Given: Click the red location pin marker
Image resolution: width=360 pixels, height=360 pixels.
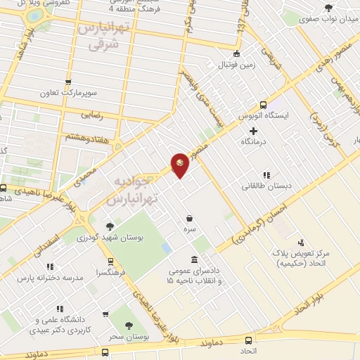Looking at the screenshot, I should (x=180, y=165).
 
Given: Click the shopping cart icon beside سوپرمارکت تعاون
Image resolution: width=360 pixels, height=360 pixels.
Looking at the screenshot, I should (x=69, y=82).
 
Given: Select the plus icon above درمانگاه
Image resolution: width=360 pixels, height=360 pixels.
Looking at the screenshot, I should (x=253, y=131).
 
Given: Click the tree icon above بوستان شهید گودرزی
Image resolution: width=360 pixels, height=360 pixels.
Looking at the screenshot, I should (x=109, y=226).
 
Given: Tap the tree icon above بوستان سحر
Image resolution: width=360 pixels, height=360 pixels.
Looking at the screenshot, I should (x=128, y=325).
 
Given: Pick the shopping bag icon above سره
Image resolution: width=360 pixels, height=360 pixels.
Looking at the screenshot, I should (x=190, y=218).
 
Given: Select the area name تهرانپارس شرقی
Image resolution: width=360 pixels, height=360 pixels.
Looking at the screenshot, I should (x=104, y=36).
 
